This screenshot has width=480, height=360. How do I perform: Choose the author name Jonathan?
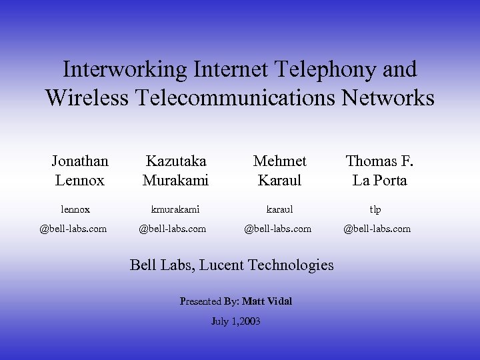pyautogui.click(x=80, y=161)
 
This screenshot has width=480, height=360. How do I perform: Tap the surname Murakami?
pyautogui.click(x=176, y=180)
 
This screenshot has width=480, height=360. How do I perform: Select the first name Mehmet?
pyautogui.click(x=280, y=161)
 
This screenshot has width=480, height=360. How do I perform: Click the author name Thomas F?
pyautogui.click(x=379, y=161)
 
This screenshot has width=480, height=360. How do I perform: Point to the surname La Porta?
pyautogui.click(x=379, y=180)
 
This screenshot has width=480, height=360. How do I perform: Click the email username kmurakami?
pyautogui.click(x=175, y=209)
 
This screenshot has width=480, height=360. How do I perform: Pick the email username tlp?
pyautogui.click(x=376, y=209)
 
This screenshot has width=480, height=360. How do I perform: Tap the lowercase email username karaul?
pyautogui.click(x=278, y=209)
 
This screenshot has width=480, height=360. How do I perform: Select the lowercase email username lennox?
pyautogui.click(x=75, y=209)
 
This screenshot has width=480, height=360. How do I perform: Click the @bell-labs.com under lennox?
pyautogui.click(x=73, y=229)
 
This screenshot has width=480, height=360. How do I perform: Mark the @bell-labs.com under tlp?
pyautogui.click(x=377, y=229)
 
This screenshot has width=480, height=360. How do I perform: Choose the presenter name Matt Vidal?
pyautogui.click(x=267, y=301)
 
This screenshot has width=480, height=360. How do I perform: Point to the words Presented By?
pyautogui.click(x=209, y=301)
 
